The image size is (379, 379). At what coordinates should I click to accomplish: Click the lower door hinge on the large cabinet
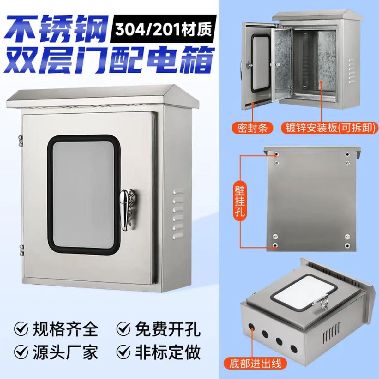pos(21,248)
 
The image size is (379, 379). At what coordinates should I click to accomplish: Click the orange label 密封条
pos(253,128)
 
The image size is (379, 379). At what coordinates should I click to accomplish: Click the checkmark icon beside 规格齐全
pos(21,331)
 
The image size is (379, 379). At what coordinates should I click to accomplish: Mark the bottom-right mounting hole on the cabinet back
pos(348,245)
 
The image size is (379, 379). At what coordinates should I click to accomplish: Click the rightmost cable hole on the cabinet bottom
pos(293,348)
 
